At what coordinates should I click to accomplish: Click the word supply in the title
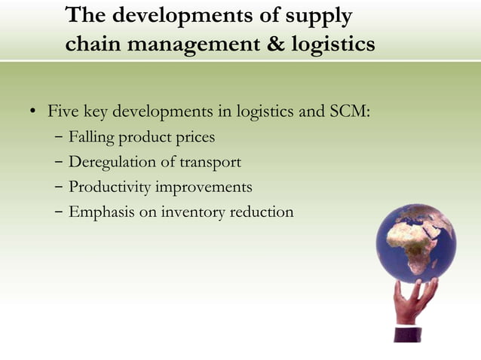click(x=317, y=17)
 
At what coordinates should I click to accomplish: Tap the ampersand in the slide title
click(x=277, y=44)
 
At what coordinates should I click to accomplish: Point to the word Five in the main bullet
click(x=63, y=113)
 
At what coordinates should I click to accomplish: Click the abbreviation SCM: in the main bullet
click(x=351, y=113)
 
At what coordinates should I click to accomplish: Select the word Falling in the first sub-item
click(x=92, y=138)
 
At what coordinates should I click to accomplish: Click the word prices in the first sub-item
click(x=195, y=138)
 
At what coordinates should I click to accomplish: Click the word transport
click(x=210, y=163)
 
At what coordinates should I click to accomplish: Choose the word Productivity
click(x=109, y=187)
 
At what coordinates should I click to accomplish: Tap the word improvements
click(x=204, y=187)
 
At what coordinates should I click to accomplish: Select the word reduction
click(x=262, y=212)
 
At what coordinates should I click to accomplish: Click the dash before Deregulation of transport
click(x=59, y=163)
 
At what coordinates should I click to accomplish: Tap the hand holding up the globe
click(x=412, y=302)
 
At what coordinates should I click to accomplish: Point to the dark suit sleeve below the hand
click(x=408, y=334)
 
